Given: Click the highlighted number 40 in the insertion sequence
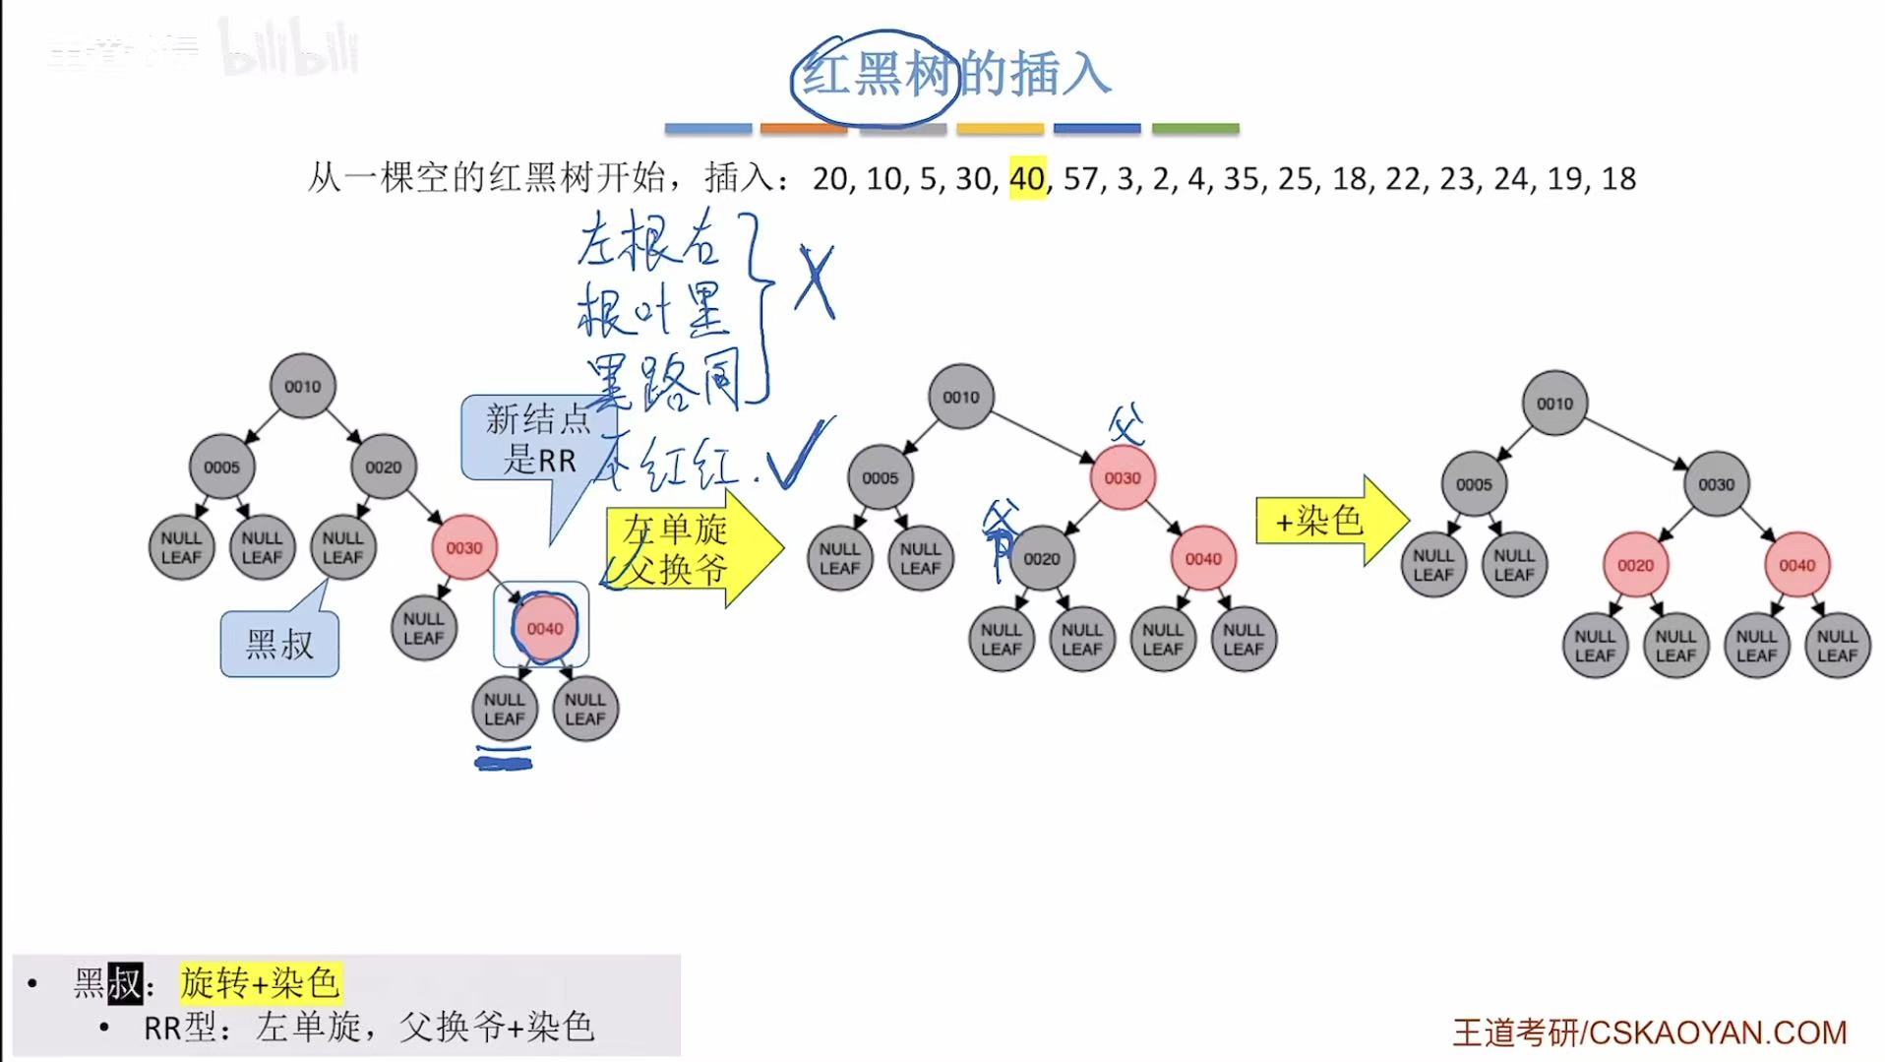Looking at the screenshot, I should tap(1027, 178).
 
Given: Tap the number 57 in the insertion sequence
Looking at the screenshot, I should tap(1080, 178).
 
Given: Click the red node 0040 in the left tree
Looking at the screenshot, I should tap(544, 628).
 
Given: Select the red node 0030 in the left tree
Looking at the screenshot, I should tap(463, 547).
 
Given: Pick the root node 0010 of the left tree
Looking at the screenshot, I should tap(302, 386).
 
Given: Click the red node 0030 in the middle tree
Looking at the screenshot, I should tap(1122, 477).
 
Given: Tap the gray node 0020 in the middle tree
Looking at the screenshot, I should tap(1041, 558).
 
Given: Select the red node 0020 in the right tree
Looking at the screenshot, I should tap(1635, 565).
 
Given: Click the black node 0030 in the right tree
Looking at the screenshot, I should tap(1716, 484).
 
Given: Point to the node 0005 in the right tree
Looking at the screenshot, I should tap(1474, 484).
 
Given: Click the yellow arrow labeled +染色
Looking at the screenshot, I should tap(1328, 520).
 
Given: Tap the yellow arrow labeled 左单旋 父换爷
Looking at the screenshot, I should tap(689, 549).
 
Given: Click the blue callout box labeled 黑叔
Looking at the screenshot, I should tap(279, 645).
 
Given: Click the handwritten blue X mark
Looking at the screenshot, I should tap(815, 281).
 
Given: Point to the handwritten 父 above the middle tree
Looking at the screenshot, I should tap(1126, 425).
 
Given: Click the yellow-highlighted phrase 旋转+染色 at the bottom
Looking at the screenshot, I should tap(260, 982).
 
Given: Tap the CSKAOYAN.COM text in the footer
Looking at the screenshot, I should tap(1716, 1031).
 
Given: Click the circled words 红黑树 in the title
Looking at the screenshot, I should tap(876, 75).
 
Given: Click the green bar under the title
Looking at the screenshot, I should tap(1194, 128).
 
